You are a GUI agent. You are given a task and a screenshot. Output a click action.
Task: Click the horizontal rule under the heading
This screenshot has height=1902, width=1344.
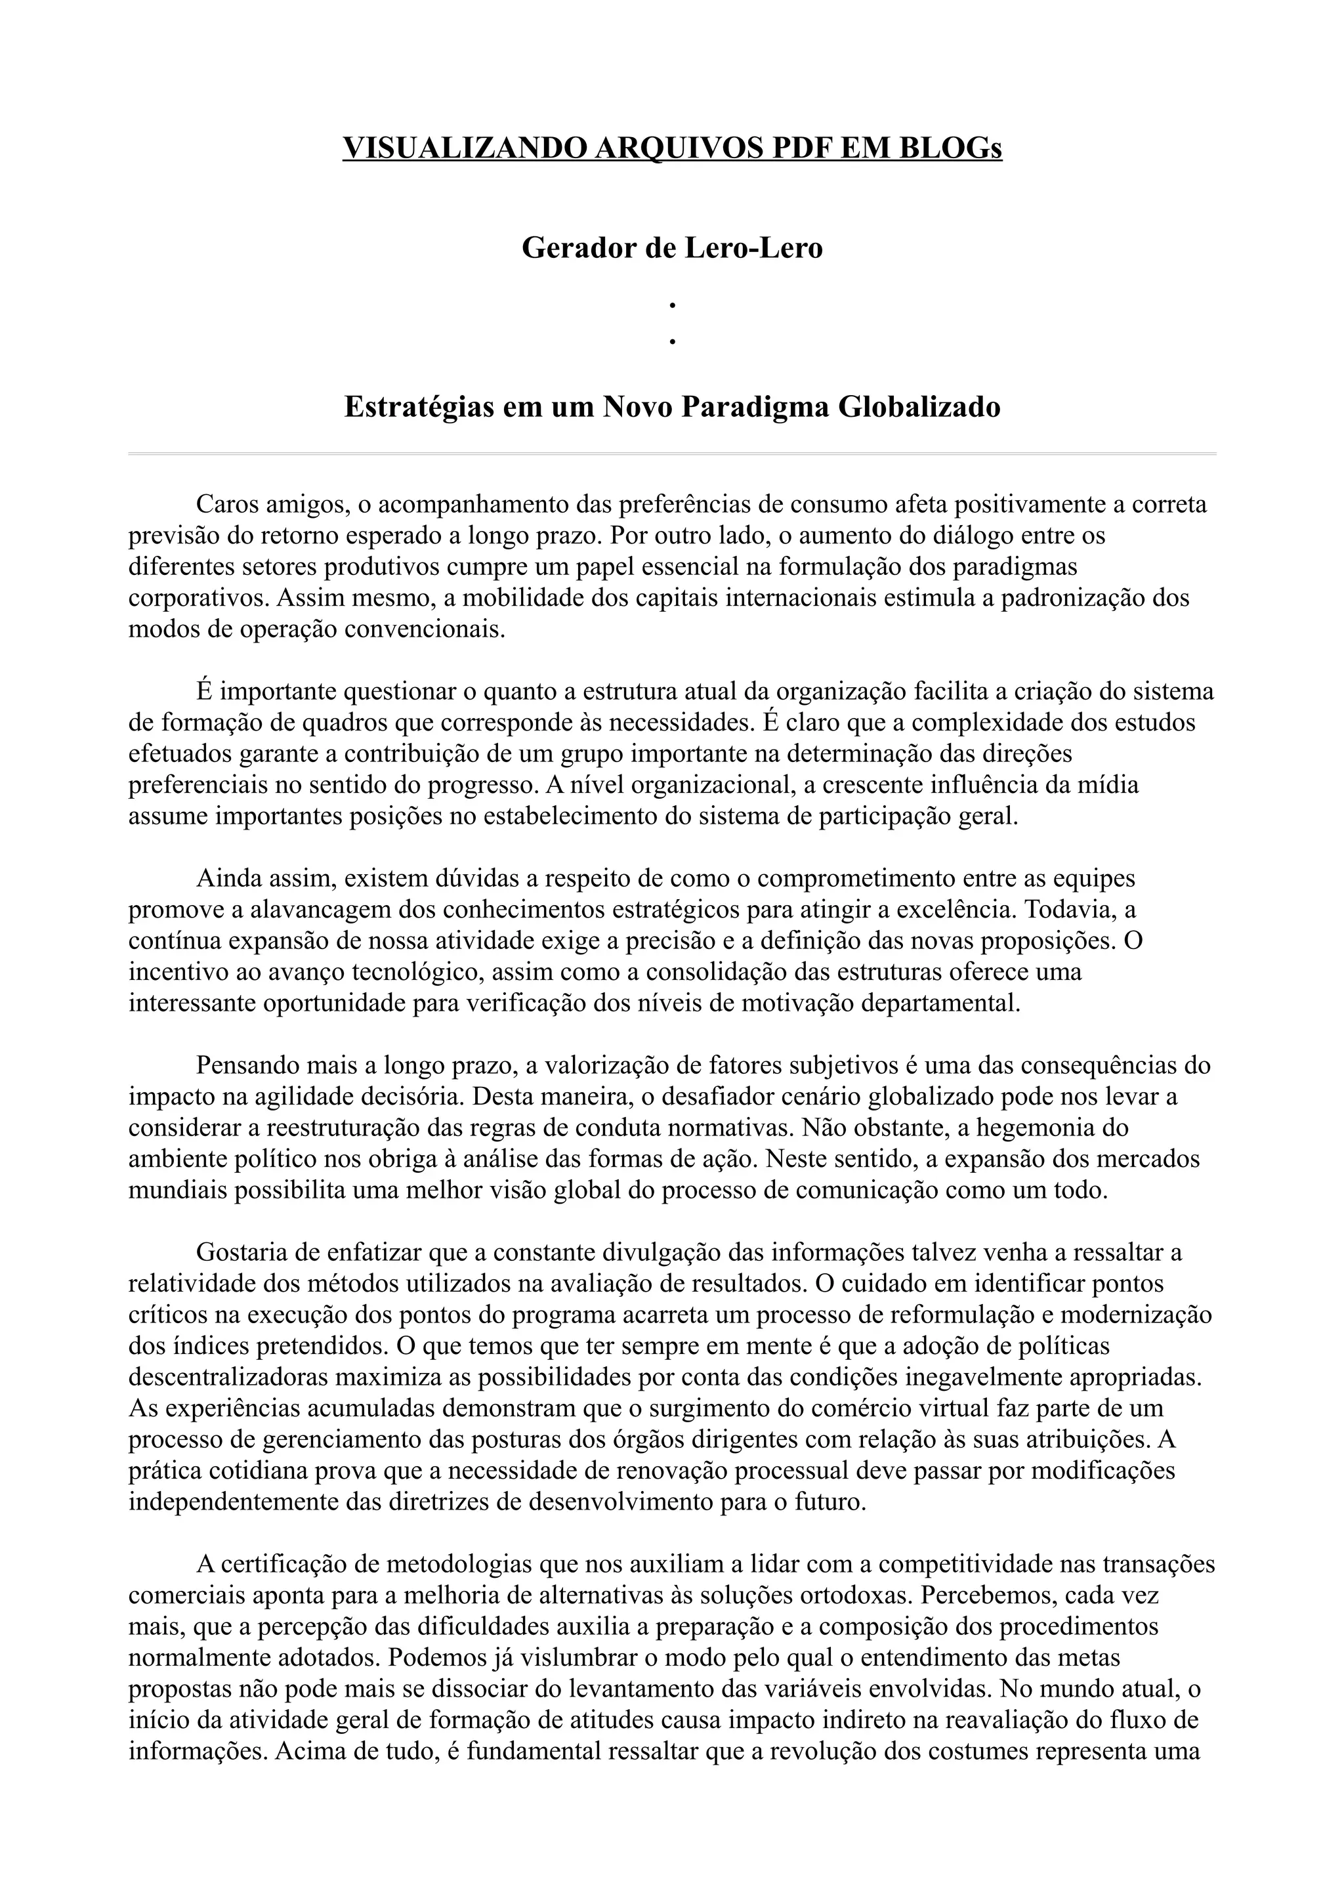[x=671, y=454]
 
